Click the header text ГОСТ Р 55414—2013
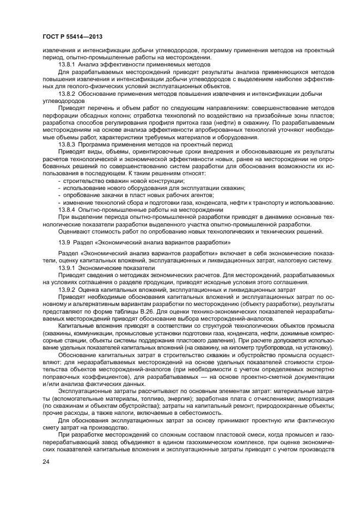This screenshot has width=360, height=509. coord(72,35)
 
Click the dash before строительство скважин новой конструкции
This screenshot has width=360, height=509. coord(59,180)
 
